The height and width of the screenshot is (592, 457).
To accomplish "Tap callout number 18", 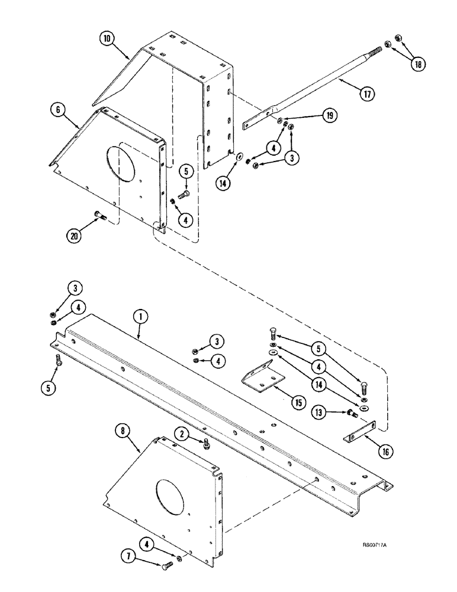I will click(419, 63).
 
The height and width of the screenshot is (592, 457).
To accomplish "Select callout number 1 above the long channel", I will click(141, 317).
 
